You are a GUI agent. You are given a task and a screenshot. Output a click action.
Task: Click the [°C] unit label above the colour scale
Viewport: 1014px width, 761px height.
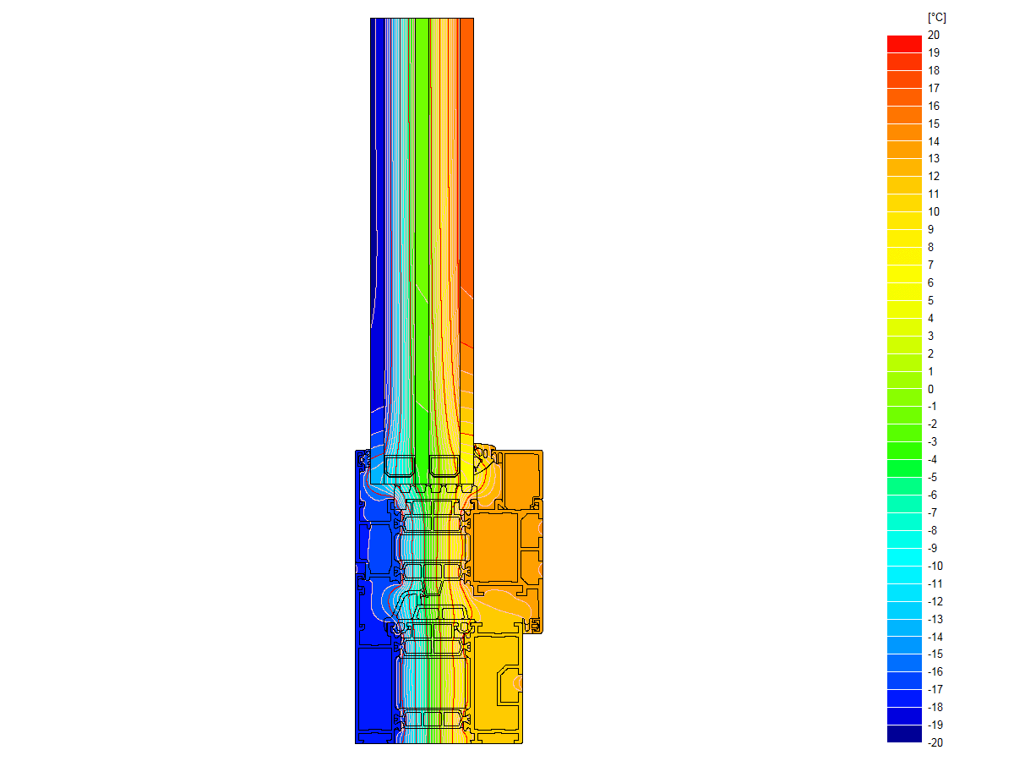coord(936,18)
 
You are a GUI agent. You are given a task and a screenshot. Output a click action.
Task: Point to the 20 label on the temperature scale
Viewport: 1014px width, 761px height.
coord(933,36)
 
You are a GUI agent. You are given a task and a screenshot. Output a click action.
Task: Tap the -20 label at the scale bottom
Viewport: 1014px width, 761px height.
coord(935,742)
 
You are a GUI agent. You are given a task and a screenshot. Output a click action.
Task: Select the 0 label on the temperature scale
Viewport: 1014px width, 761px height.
coord(930,389)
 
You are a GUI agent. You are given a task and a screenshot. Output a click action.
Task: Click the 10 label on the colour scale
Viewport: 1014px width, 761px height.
coord(933,211)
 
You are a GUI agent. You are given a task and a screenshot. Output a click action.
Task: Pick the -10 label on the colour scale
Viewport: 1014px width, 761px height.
coord(935,566)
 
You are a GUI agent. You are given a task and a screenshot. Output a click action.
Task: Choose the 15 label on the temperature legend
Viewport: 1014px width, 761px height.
coord(933,123)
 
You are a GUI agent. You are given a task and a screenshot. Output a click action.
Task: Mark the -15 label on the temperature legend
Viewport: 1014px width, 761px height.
coord(935,654)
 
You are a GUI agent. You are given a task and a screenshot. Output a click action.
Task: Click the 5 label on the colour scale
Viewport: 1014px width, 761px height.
coord(930,301)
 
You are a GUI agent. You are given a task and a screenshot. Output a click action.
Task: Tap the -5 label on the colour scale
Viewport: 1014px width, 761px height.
coord(932,477)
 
